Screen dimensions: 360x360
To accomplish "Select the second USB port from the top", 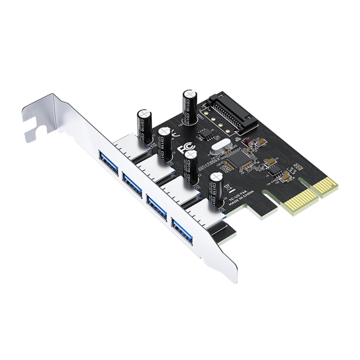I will point(133,184).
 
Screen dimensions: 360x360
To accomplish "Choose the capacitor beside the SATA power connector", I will point(188,107).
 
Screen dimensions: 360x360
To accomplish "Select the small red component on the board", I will point(246,143).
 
